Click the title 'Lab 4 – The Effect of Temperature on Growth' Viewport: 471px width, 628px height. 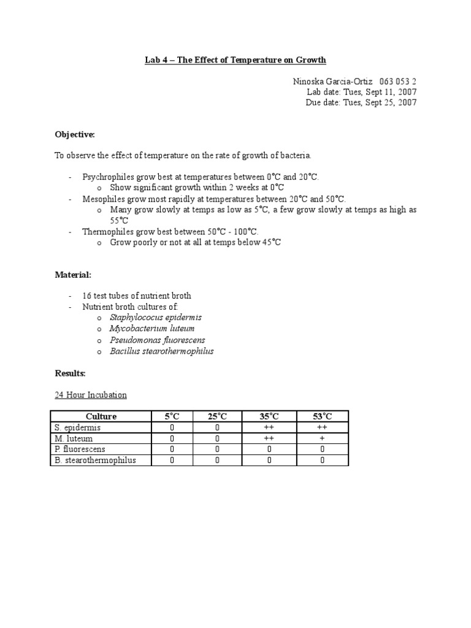pos(235,59)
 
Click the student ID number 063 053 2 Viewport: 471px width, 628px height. pos(398,81)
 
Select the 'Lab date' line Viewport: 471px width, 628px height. pos(362,92)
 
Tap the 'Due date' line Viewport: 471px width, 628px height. pos(361,102)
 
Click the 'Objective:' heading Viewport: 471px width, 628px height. pos(75,134)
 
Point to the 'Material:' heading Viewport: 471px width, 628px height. pos(74,275)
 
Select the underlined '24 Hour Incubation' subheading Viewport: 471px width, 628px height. pos(91,394)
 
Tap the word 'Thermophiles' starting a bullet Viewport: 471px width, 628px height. pos(109,231)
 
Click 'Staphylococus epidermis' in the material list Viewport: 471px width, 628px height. pos(156,318)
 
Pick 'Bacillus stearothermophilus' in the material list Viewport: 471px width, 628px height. pos(162,351)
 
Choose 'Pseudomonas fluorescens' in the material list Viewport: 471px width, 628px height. pos(158,340)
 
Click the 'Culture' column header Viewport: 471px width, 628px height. pos(101,416)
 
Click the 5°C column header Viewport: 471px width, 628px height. pos(172,416)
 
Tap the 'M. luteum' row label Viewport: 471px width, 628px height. pos(74,438)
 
